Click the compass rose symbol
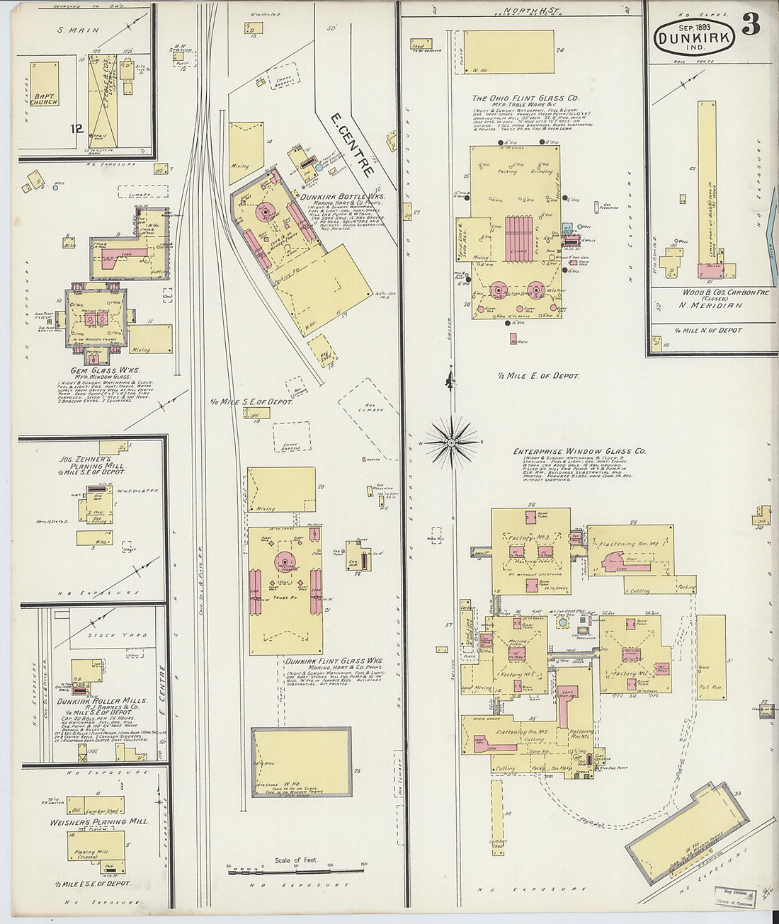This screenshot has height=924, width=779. click(x=450, y=443)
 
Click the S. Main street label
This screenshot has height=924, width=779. click(x=78, y=30)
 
